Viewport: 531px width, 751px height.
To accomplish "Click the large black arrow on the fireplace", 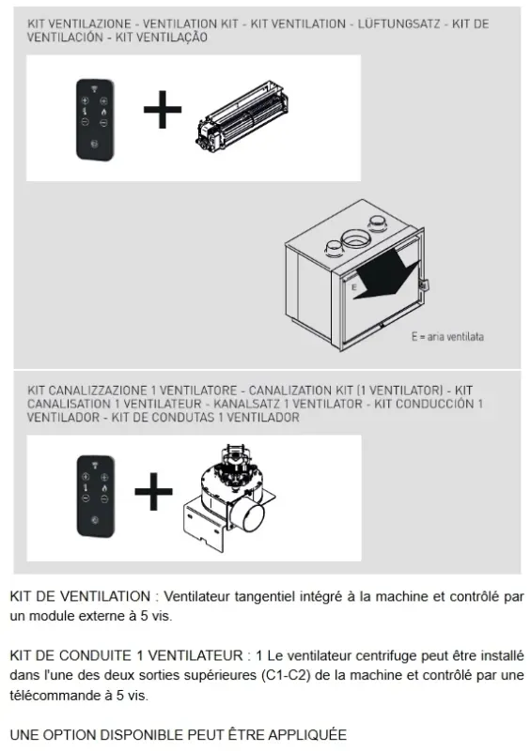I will tap(385, 276).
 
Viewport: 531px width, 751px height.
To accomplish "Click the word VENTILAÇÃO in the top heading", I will tap(175, 38).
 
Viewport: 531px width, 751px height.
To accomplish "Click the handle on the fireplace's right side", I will tap(423, 283).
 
